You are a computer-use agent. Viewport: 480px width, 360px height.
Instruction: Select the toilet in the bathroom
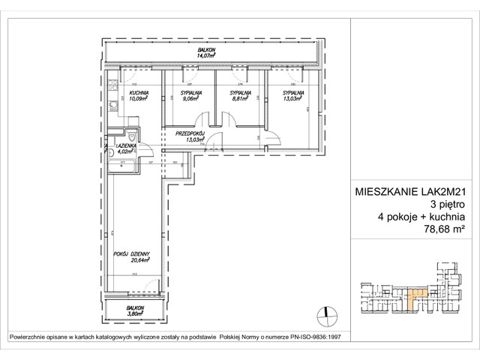pos(133,136)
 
